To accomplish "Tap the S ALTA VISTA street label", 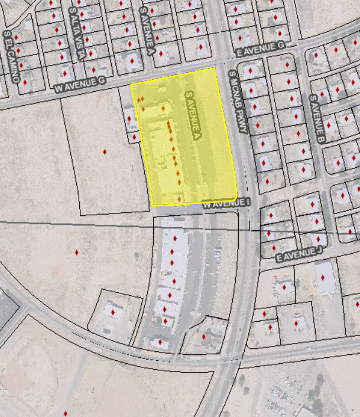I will [x=76, y=32].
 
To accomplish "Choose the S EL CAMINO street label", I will [x=11, y=56].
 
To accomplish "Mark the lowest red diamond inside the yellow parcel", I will [x=179, y=199].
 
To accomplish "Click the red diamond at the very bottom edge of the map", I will [x=65, y=413].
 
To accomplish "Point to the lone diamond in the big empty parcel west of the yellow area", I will [x=105, y=152].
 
